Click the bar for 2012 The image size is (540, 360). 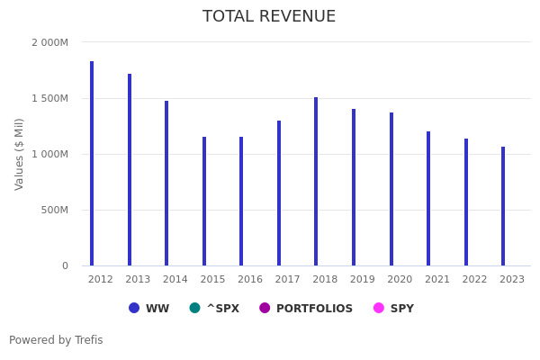[92, 164]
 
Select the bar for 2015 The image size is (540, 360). [204, 202]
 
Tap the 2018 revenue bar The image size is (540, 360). [316, 182]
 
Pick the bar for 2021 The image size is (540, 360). [428, 199]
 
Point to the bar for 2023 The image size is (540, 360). [503, 206]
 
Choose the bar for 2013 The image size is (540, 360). [130, 170]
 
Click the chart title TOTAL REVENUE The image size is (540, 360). [269, 17]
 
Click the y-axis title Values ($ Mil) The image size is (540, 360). [20, 154]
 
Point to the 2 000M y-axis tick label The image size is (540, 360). [49, 42]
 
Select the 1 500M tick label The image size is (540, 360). [49, 98]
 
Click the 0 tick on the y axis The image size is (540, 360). [65, 265]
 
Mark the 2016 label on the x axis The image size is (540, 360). [250, 280]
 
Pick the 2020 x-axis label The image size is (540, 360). [400, 280]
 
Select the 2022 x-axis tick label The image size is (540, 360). [474, 280]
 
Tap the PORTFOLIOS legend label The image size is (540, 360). [314, 309]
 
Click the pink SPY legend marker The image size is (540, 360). [379, 308]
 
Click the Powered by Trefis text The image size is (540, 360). [56, 340]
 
